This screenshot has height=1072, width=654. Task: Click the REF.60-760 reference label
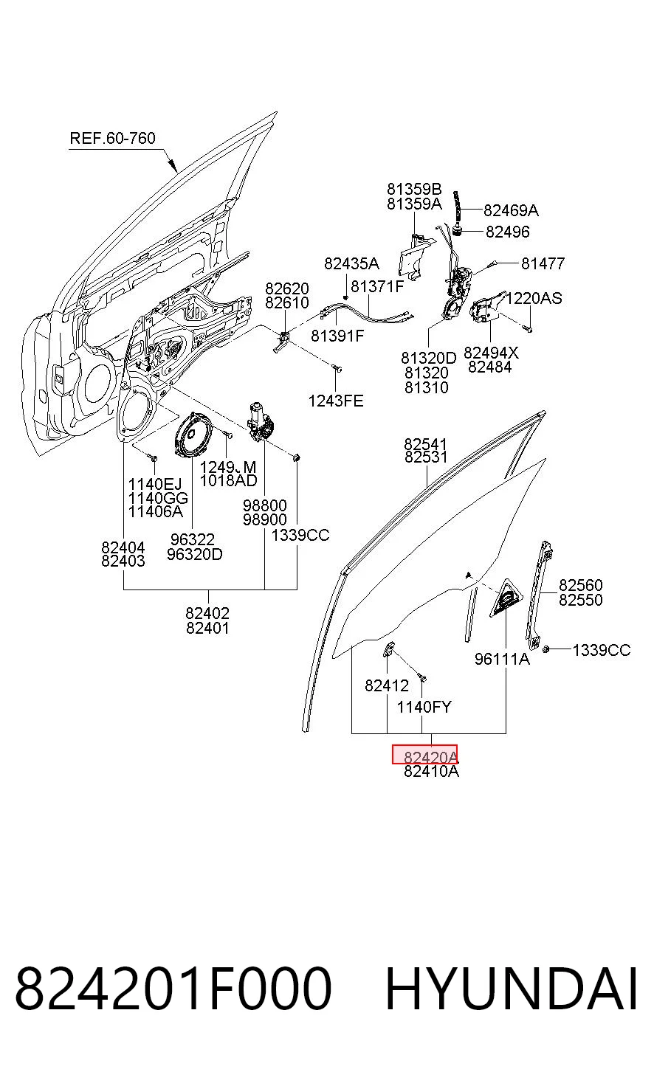pos(112,138)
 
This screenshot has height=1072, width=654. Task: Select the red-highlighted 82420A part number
pos(424,754)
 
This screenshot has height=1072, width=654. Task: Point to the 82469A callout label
pos(511,210)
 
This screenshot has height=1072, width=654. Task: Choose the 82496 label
pos(508,232)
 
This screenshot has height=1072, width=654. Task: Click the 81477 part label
pos(543,263)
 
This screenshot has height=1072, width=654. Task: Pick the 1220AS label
pos(534,298)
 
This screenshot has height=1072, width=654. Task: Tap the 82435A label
pos(351,263)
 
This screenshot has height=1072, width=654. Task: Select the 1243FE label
pos(336,401)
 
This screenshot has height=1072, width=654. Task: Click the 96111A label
pos(502,659)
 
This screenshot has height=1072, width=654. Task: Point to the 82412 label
pos(387,686)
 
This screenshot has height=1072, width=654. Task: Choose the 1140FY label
pos(424,707)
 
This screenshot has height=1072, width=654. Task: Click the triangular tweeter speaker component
pos(506,598)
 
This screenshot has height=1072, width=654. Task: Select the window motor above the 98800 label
pos(260,423)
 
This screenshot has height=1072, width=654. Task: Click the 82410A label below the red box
pos(431,772)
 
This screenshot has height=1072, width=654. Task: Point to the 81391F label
pos(337,336)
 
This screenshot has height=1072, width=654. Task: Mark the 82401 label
pos(207,628)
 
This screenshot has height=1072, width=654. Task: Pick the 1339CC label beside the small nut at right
pos(602,651)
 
